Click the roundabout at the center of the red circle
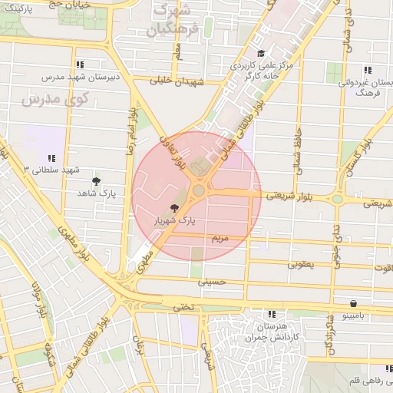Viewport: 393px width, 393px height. (x=198, y=190)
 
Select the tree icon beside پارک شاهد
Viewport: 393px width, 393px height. (x=96, y=182)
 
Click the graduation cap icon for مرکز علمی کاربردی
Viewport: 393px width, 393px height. (x=261, y=54)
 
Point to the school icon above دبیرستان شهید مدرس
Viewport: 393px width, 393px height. (x=79, y=65)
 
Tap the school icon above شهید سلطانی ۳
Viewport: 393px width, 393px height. (x=51, y=157)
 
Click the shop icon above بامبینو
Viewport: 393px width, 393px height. (x=352, y=304)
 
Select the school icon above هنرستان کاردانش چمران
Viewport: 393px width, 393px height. (x=272, y=314)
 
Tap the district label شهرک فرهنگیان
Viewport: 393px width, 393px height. (x=170, y=21)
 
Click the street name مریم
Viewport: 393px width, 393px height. (x=221, y=239)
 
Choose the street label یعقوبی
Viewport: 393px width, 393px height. (x=300, y=264)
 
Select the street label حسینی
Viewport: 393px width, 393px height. (x=213, y=282)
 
